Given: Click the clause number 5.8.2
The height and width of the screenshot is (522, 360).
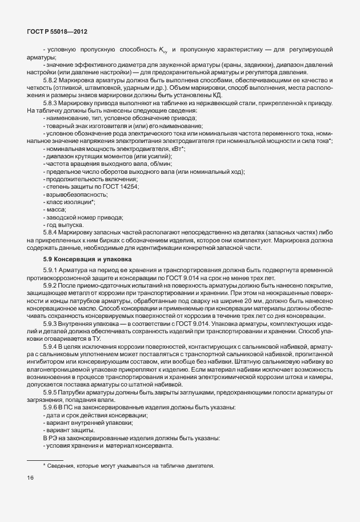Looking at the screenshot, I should (x=50, y=81).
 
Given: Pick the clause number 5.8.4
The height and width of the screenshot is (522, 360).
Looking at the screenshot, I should (x=50, y=233).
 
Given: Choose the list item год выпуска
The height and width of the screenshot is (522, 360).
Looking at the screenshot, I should (x=65, y=225).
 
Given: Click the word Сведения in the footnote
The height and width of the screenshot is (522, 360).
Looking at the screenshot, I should (x=63, y=466).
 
